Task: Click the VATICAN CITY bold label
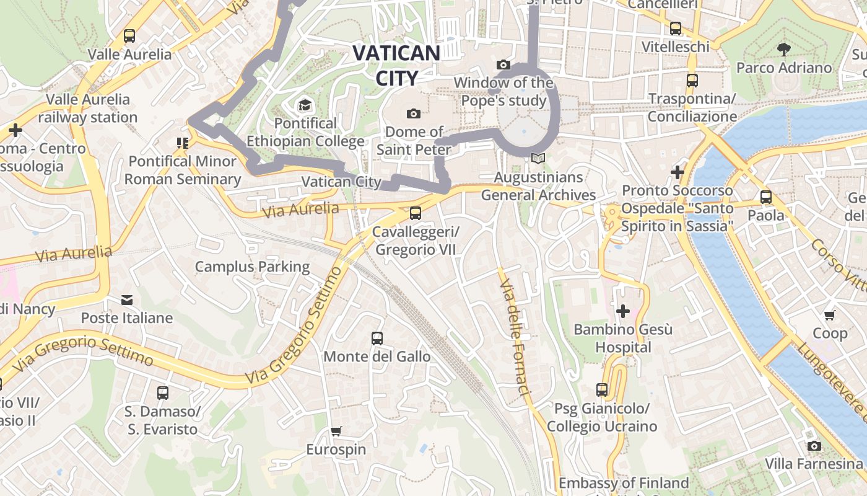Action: (396, 64)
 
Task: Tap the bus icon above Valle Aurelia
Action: (129, 36)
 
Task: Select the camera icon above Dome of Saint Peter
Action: (413, 113)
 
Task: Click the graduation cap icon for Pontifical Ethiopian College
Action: (304, 105)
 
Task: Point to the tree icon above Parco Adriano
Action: (783, 49)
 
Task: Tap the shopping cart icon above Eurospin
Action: (336, 431)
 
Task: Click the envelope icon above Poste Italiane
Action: (127, 300)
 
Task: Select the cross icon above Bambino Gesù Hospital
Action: (622, 311)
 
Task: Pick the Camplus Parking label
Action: (252, 267)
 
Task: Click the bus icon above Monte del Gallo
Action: (377, 339)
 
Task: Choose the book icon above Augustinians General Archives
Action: (538, 159)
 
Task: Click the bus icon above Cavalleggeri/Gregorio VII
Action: (415, 213)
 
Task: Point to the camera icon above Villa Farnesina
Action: (814, 446)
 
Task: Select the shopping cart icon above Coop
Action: (830, 315)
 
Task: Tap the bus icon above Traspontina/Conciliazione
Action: (692, 81)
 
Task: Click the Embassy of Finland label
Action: (623, 483)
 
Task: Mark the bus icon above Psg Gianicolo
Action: (601, 390)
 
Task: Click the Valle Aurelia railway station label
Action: (88, 108)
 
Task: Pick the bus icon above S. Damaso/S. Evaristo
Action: (162, 393)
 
